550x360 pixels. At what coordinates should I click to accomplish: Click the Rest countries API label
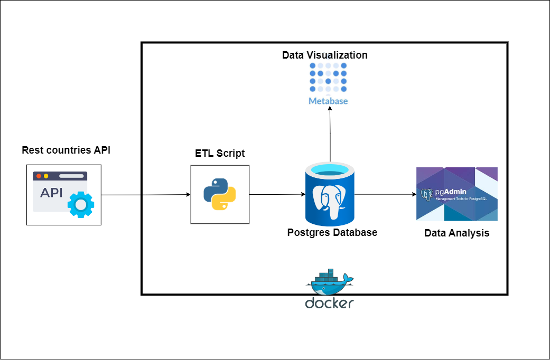66,150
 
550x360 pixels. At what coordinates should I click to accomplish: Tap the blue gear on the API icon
80,205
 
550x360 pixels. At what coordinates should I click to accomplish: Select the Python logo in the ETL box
219,194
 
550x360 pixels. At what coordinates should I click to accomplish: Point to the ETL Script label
220,154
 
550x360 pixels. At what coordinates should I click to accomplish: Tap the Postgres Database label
332,232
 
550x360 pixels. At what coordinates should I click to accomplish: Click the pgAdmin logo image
456,194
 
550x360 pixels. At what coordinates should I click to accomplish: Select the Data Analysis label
456,233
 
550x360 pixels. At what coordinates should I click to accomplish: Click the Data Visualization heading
324,55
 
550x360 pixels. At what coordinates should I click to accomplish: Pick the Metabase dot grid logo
328,78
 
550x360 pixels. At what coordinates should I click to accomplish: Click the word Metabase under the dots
328,100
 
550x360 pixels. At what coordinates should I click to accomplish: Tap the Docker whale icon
329,282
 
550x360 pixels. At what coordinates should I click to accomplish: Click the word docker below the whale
329,303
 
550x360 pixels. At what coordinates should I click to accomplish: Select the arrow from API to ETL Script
145,195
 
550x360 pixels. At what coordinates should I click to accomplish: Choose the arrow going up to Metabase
330,135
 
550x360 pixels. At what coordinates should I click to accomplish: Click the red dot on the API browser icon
39,176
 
